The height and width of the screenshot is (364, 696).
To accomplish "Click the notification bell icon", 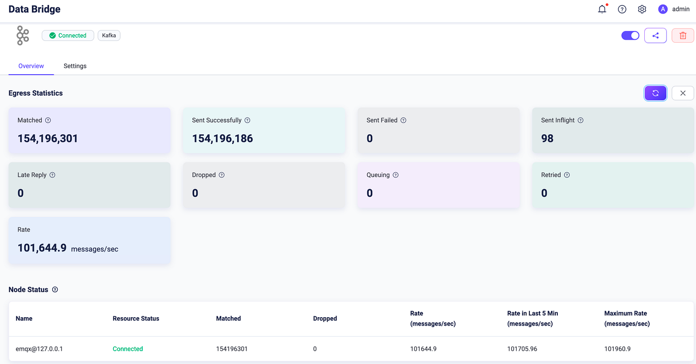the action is pyautogui.click(x=602, y=9).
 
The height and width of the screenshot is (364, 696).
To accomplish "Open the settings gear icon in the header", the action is pyautogui.click(x=642, y=9).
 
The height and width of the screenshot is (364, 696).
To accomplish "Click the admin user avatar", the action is pyautogui.click(x=663, y=9).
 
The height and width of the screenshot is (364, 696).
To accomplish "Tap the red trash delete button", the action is pyautogui.click(x=683, y=35).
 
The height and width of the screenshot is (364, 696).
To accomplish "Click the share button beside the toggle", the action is pyautogui.click(x=655, y=35).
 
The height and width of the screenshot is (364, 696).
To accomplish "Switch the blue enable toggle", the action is pyautogui.click(x=630, y=35).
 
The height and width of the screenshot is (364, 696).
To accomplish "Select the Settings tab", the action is pyautogui.click(x=75, y=66).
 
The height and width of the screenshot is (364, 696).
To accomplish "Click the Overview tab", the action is pyautogui.click(x=31, y=66).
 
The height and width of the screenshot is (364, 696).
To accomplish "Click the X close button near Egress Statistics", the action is pyautogui.click(x=683, y=93).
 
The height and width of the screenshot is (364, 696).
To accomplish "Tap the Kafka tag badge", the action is pyautogui.click(x=109, y=35).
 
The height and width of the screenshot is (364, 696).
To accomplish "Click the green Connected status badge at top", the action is pyautogui.click(x=68, y=35).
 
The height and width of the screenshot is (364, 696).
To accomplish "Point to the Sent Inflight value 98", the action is pyautogui.click(x=547, y=138).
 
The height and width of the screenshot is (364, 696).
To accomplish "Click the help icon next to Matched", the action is pyautogui.click(x=48, y=121).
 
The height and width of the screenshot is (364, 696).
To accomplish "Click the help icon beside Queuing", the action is pyautogui.click(x=396, y=175).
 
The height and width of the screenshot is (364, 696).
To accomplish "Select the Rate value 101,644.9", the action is pyautogui.click(x=42, y=248).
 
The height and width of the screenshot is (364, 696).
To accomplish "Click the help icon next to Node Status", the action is pyautogui.click(x=55, y=290).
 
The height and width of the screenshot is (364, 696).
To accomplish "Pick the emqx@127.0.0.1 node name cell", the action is pyautogui.click(x=39, y=349).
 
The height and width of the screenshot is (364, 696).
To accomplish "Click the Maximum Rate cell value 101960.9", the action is pyautogui.click(x=617, y=349).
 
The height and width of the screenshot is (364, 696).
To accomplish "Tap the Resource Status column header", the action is pyautogui.click(x=136, y=319).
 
